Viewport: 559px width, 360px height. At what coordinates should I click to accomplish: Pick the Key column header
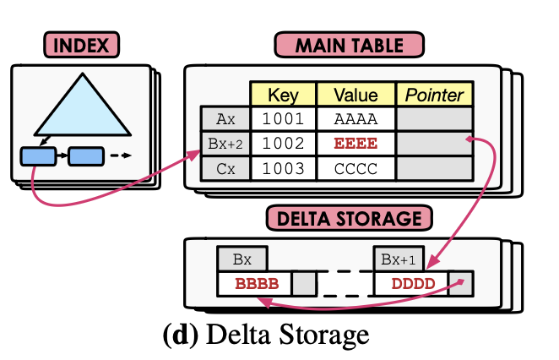[282, 93]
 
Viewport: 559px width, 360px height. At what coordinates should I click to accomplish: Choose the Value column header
[355, 93]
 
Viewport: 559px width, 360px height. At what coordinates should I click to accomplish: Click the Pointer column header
[430, 93]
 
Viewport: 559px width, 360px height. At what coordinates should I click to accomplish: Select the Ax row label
[225, 118]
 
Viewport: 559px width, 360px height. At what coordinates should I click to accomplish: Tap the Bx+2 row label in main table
[225, 143]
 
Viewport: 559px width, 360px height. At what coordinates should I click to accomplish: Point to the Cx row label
[225, 167]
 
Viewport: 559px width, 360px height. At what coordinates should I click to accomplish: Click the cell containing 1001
[282, 118]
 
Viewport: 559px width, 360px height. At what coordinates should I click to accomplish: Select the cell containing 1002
[282, 143]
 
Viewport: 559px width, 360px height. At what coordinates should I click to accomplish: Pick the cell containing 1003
[282, 167]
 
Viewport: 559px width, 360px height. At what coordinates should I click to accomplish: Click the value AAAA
[355, 118]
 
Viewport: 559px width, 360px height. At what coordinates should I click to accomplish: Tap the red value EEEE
[355, 143]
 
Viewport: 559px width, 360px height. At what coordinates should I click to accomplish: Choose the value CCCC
[355, 167]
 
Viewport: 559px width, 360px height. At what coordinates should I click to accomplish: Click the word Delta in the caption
[233, 335]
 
